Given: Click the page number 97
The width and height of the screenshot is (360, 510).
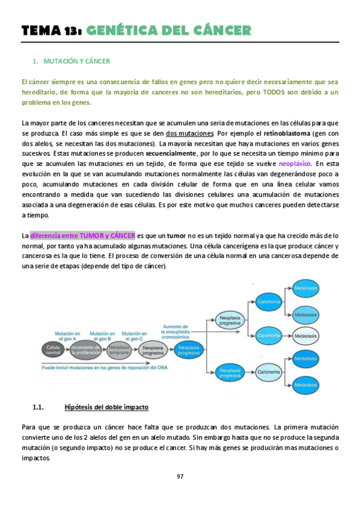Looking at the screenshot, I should pyautogui.click(x=180, y=476).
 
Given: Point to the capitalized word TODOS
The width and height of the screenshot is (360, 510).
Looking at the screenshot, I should pyautogui.click(x=263, y=92).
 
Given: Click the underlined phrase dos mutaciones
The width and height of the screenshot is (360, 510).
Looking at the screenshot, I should pyautogui.click(x=190, y=133).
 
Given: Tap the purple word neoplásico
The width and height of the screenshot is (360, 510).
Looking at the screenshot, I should pyautogui.click(x=295, y=164).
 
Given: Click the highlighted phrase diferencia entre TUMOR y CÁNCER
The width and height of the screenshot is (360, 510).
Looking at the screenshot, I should pyautogui.click(x=82, y=235).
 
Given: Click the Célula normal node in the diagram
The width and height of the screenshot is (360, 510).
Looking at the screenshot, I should pyautogui.click(x=53, y=351).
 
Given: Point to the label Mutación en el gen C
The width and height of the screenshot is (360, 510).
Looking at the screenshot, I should pyautogui.click(x=135, y=336).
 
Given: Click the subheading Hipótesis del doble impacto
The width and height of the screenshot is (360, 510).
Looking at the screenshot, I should pyautogui.click(x=106, y=407).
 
